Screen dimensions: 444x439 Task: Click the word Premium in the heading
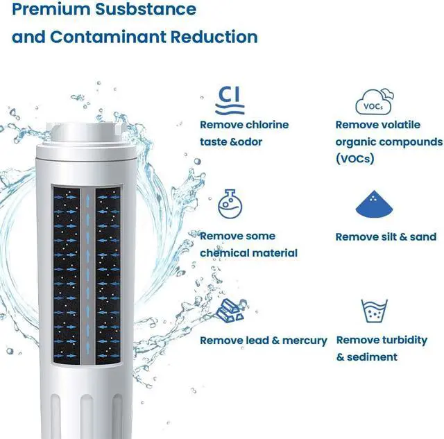[51, 9]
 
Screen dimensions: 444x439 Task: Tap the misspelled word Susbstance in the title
[146, 9]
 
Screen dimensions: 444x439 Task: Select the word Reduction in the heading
[214, 37]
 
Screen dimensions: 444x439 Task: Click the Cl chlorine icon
[230, 101]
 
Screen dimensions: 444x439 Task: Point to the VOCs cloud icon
[375, 102]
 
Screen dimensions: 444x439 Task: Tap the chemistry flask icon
[230, 204]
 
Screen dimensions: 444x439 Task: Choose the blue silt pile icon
[374, 204]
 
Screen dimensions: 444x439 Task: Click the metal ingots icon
[231, 311]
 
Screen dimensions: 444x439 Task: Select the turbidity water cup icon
[374, 311]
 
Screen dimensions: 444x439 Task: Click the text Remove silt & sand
[386, 236]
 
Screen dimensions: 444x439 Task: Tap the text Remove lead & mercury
[264, 341]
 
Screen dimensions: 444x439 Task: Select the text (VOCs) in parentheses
[355, 159]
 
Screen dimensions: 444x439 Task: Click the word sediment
[372, 357]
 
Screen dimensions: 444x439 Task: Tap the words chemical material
[248, 252]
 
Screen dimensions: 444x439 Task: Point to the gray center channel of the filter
[88, 276]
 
